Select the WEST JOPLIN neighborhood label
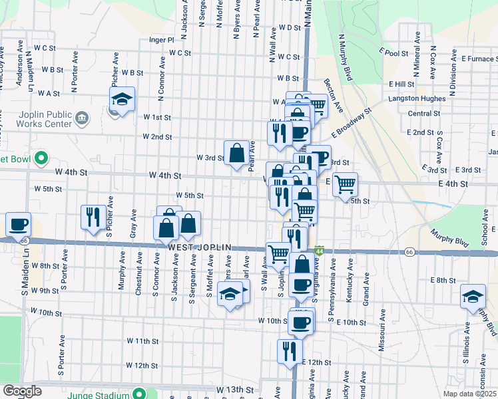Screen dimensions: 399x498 click(199, 247)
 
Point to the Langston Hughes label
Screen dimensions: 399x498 click(417, 98)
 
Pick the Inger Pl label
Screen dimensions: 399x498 click(161, 39)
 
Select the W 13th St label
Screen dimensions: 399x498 click(235, 389)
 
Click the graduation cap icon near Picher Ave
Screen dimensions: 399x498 click(122, 100)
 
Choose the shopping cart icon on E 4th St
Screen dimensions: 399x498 click(344, 184)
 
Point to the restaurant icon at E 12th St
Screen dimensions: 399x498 click(289, 350)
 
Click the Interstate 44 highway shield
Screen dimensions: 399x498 click(320, 251)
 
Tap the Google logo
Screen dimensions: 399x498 click(22, 391)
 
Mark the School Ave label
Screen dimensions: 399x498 click(484, 235)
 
